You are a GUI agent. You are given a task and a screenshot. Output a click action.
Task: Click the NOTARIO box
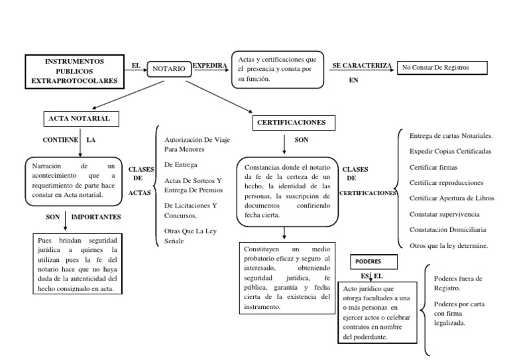(169, 68)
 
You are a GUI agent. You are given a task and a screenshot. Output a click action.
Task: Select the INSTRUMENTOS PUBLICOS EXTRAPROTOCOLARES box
(74, 71)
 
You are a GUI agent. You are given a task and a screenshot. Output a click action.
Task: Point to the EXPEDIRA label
(209, 66)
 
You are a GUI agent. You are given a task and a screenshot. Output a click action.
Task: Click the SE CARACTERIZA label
(361, 66)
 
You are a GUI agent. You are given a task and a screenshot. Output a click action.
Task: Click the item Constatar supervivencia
(444, 213)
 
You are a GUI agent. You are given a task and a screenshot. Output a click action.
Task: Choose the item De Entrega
(180, 164)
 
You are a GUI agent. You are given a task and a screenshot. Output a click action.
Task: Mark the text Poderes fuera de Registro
(458, 283)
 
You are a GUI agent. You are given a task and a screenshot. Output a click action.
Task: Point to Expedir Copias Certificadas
(450, 151)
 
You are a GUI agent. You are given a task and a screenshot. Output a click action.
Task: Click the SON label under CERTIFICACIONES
(302, 141)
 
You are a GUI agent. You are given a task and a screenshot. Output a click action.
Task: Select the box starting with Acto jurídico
(375, 312)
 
